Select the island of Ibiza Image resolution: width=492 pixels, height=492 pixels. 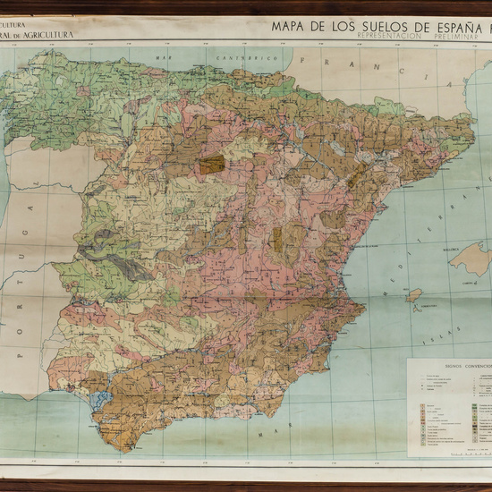click(414, 294)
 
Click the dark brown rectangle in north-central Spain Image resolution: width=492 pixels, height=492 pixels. click(212, 165)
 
